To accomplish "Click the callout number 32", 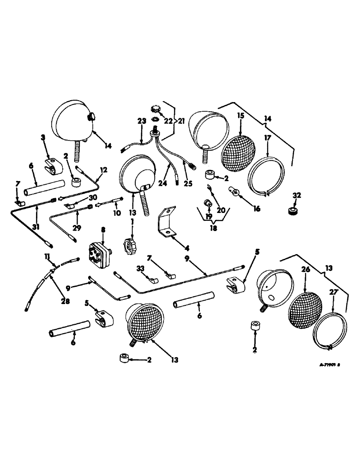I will (x=296, y=195).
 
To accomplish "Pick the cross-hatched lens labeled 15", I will (x=239, y=151).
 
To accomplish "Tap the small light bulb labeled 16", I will (x=234, y=190).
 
